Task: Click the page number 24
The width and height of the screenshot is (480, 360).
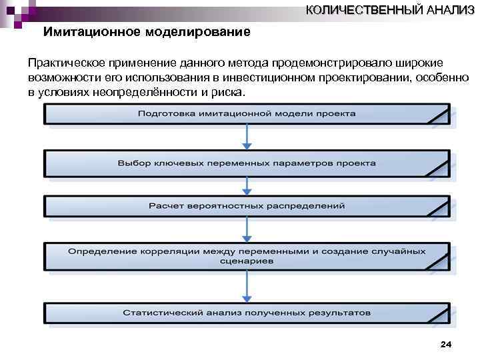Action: click(447, 344)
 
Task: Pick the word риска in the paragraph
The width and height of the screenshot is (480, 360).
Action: click(229, 92)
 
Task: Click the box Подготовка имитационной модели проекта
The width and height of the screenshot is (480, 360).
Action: click(247, 114)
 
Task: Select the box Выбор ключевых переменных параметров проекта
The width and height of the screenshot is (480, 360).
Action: click(247, 163)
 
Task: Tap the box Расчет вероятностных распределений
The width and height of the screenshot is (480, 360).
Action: click(247, 206)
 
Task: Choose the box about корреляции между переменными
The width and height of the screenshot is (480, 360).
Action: click(247, 257)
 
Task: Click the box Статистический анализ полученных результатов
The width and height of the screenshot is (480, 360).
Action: click(247, 312)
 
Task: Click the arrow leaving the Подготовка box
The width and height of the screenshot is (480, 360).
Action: click(247, 137)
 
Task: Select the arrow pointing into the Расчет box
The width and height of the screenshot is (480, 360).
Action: click(247, 185)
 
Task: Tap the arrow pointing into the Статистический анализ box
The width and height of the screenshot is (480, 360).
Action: click(247, 286)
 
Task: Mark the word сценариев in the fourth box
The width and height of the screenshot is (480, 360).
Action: click(247, 262)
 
